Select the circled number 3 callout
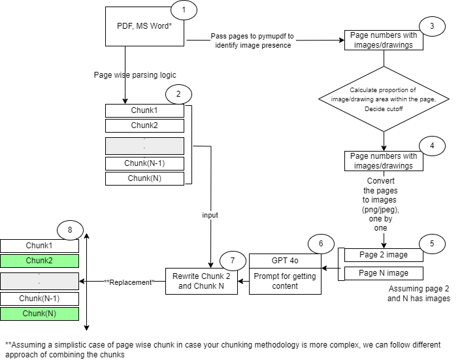click(431, 26)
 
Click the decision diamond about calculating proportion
click(384, 98)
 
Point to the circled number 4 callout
click(431, 145)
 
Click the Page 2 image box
click(384, 254)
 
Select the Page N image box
click(384, 273)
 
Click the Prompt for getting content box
click(286, 281)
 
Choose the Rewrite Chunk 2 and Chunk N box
click(201, 281)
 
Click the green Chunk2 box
click(39, 261)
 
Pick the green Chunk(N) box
click(39, 314)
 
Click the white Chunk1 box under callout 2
click(144, 110)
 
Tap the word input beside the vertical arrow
click(210, 214)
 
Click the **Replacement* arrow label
click(129, 282)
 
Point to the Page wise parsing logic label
click(135, 75)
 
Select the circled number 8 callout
click(70, 231)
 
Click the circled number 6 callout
click(321, 242)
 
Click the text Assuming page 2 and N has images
click(418, 293)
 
